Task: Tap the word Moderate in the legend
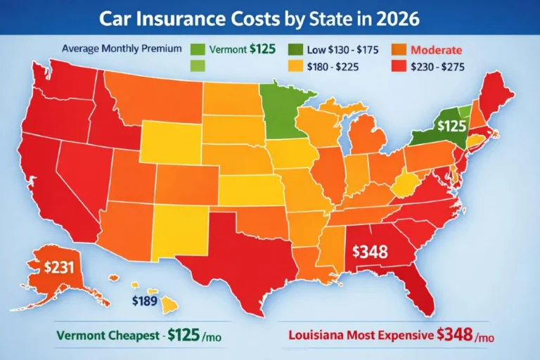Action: coord(436,50)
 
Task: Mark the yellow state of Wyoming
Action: coord(171,141)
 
